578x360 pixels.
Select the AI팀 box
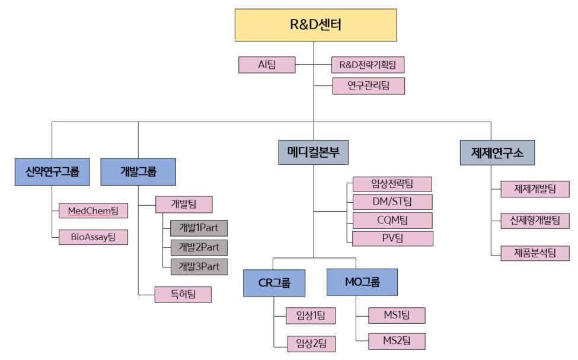pos(267,65)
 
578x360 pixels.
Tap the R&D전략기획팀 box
pos(368,65)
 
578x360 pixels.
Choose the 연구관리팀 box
pos(368,86)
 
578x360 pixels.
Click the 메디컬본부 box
pos(314,151)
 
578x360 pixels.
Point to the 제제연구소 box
pos(498,151)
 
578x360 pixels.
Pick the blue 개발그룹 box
pos(138,172)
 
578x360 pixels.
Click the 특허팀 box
pos(183,294)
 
